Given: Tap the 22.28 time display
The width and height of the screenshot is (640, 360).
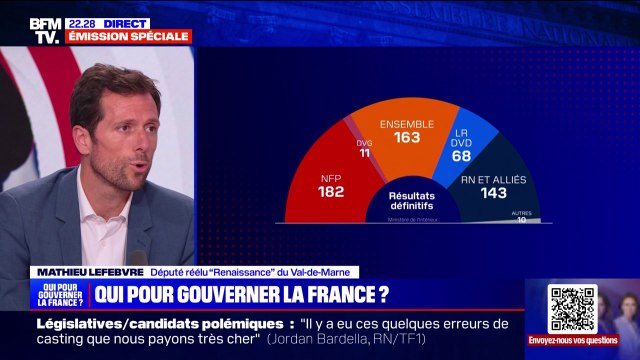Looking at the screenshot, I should [x=81, y=22].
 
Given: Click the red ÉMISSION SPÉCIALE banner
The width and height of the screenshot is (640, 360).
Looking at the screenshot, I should [x=128, y=36].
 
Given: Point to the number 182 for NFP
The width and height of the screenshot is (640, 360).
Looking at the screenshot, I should [x=331, y=190].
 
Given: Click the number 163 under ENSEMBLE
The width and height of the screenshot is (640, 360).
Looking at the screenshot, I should [x=406, y=138].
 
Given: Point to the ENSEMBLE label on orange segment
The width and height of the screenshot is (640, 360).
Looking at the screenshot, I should [x=406, y=123].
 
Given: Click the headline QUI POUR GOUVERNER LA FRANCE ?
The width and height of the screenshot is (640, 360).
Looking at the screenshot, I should [x=240, y=295].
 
